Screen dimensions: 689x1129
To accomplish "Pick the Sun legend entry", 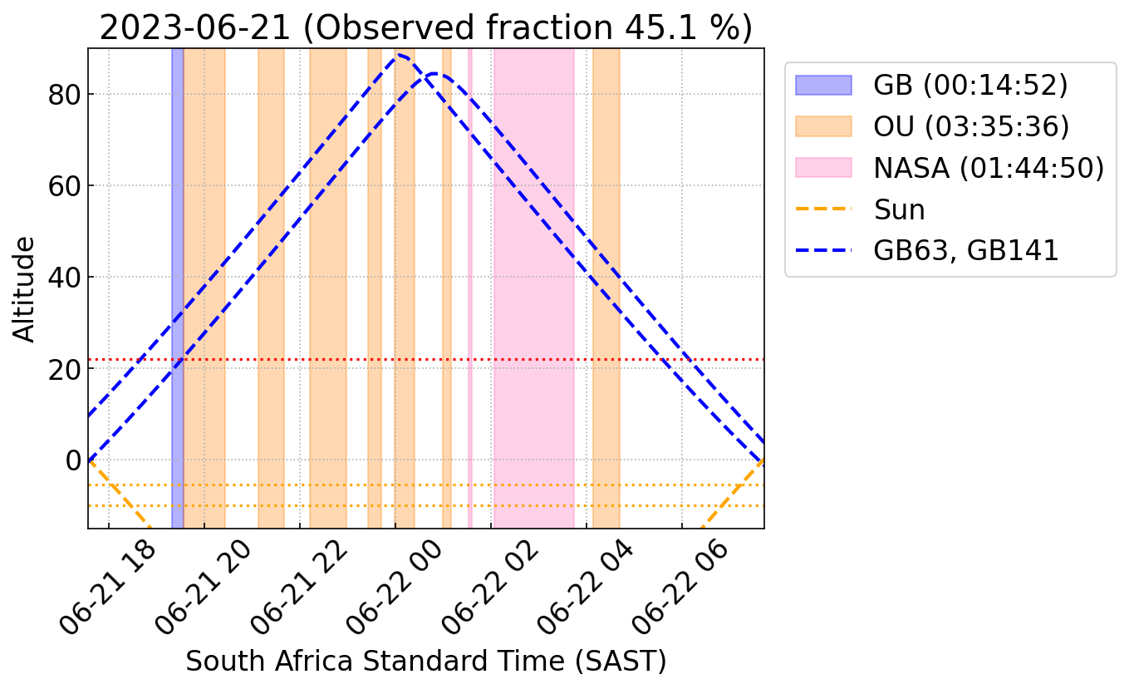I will click(899, 209).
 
